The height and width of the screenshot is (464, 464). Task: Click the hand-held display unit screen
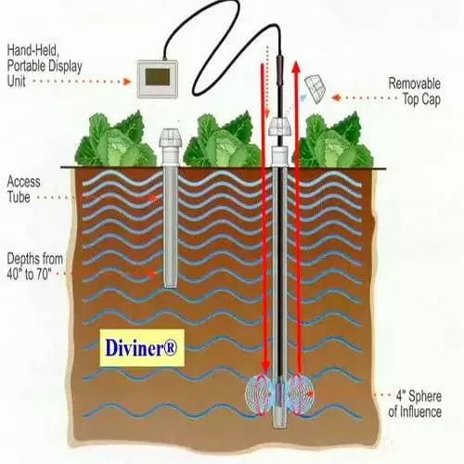tap(158, 77)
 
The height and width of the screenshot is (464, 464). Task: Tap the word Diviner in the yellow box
tap(137, 348)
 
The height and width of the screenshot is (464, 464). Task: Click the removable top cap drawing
tap(316, 88)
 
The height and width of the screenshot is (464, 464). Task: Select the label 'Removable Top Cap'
tap(414, 92)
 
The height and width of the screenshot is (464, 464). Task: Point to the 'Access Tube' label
tap(23, 189)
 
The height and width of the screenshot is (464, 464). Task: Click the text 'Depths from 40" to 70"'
tap(35, 266)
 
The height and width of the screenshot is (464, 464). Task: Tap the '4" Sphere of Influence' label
tap(415, 404)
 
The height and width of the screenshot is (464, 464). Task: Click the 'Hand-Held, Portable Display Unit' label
tap(45, 66)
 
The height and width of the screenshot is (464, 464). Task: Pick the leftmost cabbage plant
tap(116, 140)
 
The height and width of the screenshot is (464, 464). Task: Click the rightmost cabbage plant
tap(335, 140)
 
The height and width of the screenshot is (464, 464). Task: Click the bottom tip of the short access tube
tap(171, 287)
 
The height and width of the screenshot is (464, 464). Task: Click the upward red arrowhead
tap(296, 66)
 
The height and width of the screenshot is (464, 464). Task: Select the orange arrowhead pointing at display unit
tap(127, 82)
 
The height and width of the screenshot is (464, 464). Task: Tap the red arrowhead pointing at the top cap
tap(336, 97)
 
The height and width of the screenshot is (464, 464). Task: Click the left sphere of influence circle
tap(260, 393)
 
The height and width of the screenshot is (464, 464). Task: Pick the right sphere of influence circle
tap(300, 393)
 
